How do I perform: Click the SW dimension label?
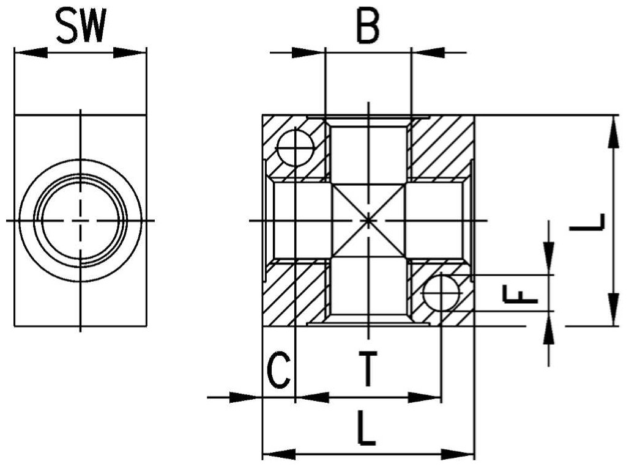(x=81, y=26)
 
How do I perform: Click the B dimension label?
(x=368, y=26)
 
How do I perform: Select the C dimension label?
(x=279, y=370)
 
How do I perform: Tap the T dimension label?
(x=368, y=368)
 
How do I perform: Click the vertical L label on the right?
(x=587, y=222)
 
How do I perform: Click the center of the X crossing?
(x=368, y=221)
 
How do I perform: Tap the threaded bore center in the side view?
(x=81, y=221)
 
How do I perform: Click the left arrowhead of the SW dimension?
(x=31, y=53)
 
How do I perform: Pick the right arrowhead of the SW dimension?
(x=130, y=53)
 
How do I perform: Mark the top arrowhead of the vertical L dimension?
(x=612, y=132)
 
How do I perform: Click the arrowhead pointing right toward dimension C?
(x=245, y=398)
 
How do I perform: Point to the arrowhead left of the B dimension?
(x=308, y=53)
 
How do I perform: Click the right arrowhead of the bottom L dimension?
(x=458, y=454)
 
